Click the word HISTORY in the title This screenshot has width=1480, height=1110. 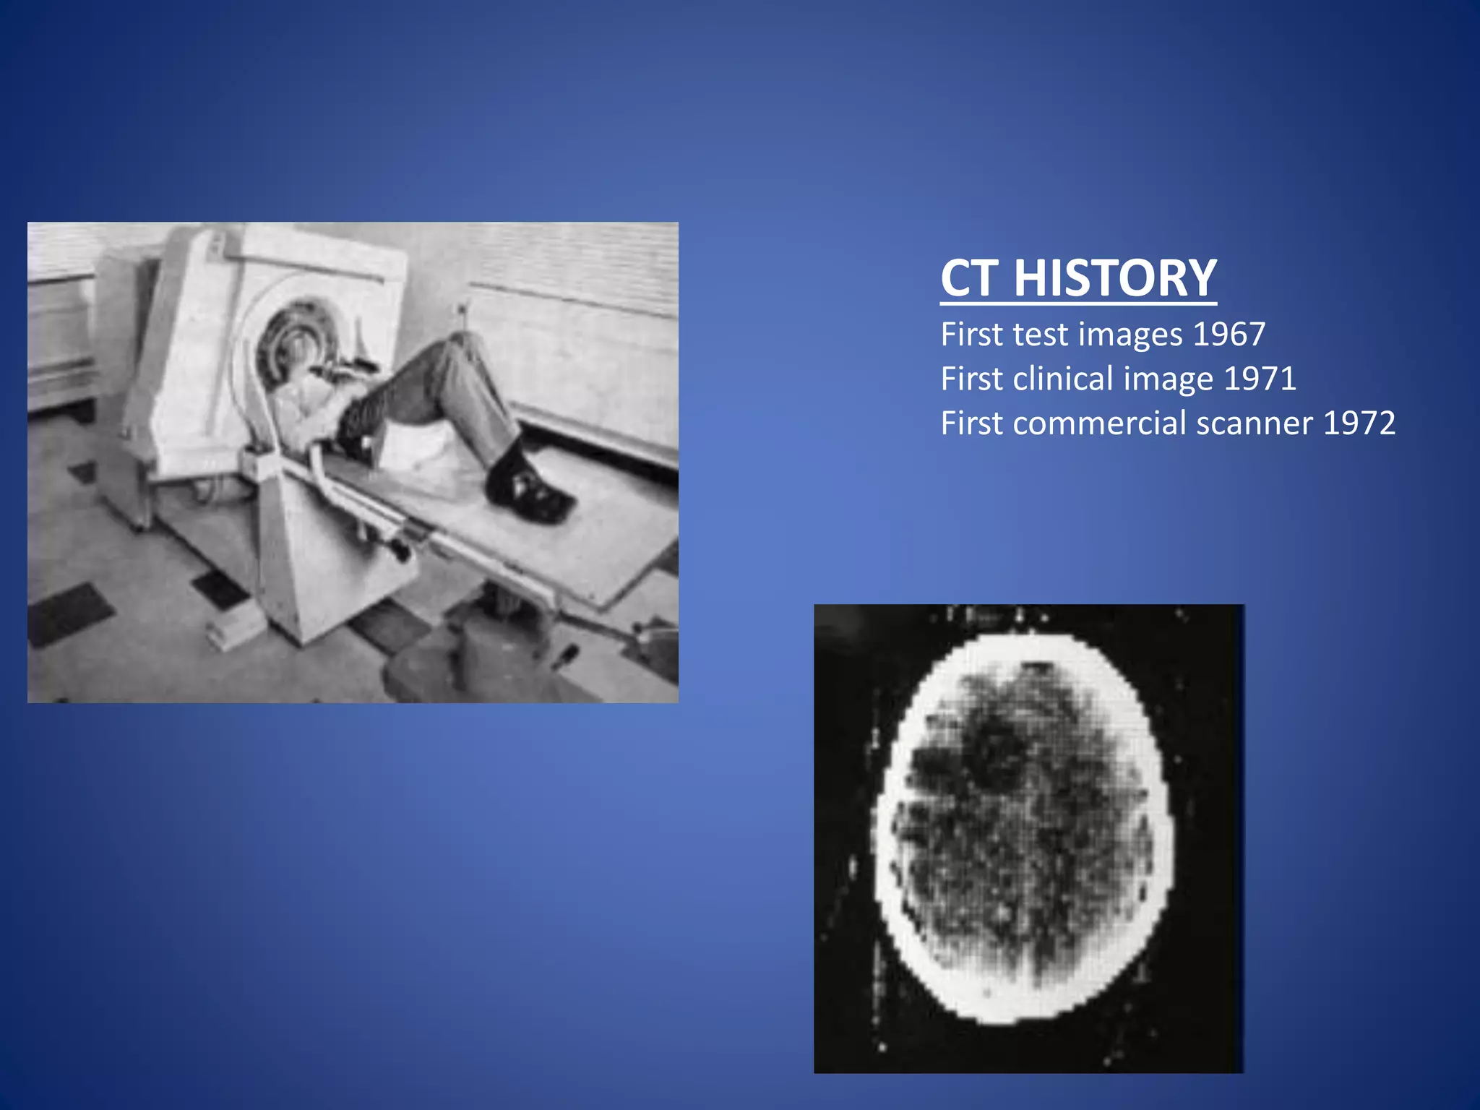coord(1115,278)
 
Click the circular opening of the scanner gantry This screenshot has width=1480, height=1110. coord(293,340)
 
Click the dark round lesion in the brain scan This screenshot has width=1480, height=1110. coord(997,752)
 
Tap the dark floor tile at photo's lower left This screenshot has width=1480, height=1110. coord(69,614)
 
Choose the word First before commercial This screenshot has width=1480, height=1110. coord(971,423)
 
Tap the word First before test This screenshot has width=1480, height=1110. coord(971,335)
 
